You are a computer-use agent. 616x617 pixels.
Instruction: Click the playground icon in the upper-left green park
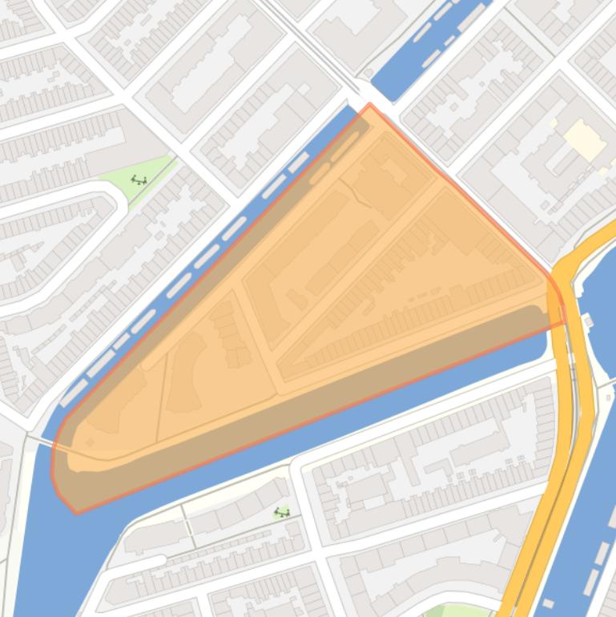point(139,180)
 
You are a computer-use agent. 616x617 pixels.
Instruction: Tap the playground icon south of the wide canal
point(281,512)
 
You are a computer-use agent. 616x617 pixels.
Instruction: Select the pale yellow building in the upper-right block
point(584,141)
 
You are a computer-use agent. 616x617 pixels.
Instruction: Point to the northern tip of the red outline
point(369,104)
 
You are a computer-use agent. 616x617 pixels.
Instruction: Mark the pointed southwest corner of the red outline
point(76,512)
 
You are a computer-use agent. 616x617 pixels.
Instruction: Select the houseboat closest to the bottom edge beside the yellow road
point(548,603)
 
